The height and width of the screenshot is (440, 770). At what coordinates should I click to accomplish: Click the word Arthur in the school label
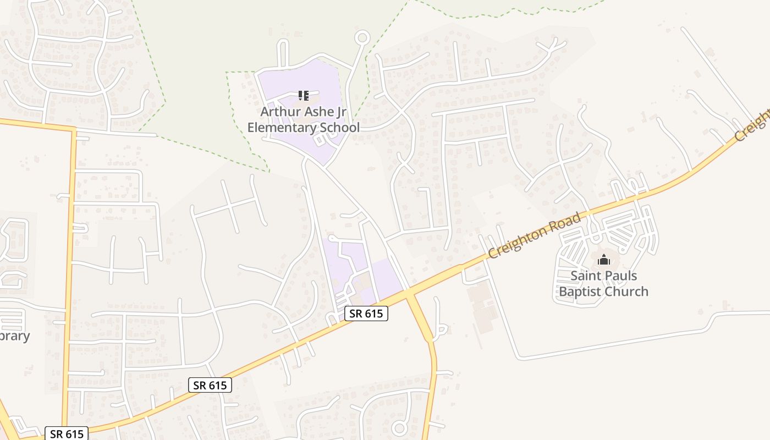278,112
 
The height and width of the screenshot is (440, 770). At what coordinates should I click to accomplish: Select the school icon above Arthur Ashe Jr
303,96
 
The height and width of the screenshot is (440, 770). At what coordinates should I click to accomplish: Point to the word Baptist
581,291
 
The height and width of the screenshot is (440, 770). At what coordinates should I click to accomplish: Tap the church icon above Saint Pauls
604,260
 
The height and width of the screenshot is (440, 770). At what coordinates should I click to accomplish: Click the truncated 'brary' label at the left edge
14,336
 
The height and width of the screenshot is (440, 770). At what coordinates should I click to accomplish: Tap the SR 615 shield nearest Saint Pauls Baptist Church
366,313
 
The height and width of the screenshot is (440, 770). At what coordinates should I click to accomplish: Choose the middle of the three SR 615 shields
210,385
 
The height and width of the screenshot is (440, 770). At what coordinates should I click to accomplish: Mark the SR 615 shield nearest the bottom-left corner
67,433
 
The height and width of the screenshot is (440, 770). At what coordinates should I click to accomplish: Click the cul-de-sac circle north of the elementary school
362,38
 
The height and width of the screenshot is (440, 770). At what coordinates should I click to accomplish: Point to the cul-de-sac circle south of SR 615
400,428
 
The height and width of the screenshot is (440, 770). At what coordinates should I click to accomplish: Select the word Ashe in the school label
320,112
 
